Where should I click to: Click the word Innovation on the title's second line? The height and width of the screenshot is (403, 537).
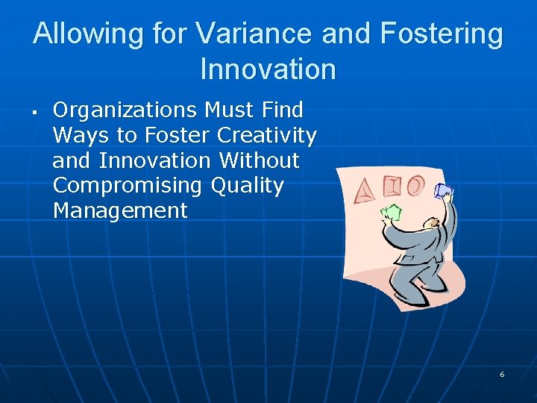pyautogui.click(x=268, y=69)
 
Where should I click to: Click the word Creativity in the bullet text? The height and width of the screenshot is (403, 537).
pyautogui.click(x=267, y=136)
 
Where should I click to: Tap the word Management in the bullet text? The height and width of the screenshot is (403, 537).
pyautogui.click(x=120, y=211)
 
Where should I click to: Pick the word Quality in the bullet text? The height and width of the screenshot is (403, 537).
pyautogui.click(x=248, y=186)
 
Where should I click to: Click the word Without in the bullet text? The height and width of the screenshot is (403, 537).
pyautogui.click(x=259, y=160)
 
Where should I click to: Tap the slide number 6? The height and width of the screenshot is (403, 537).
pyautogui.click(x=502, y=374)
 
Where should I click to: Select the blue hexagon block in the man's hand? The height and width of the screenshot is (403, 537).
pyautogui.click(x=443, y=191)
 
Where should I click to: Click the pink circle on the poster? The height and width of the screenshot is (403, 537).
pyautogui.click(x=415, y=184)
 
